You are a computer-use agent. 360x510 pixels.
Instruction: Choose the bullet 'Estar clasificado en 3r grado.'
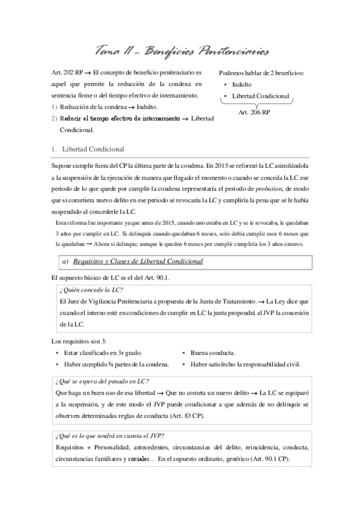click(x=105, y=353)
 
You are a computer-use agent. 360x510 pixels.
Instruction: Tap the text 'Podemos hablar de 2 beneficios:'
click(x=261, y=73)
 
